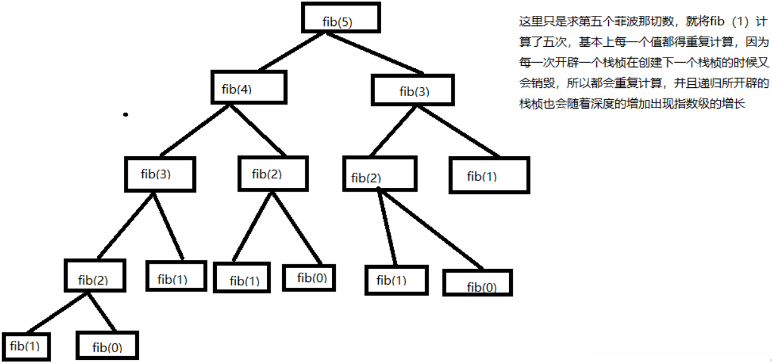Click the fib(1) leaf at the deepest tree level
(x=25, y=345)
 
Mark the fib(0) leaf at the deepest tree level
(x=107, y=345)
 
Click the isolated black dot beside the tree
(x=126, y=114)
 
